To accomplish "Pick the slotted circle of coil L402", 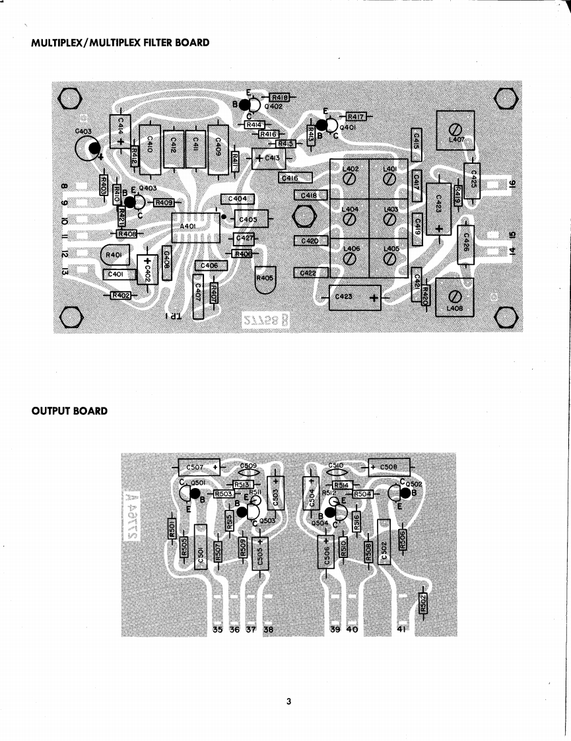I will (351, 178).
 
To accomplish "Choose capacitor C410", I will (149, 149).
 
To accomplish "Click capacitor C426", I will (466, 244).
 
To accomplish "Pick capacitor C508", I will (388, 468).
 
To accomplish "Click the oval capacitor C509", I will (248, 472).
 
